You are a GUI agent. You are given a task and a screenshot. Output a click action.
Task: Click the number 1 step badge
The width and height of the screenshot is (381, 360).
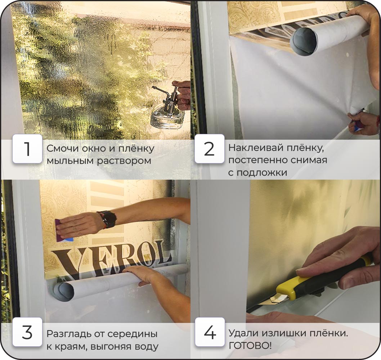pos(27,149)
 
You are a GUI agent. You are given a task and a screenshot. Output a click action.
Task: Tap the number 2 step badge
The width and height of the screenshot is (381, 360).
pos(209,149)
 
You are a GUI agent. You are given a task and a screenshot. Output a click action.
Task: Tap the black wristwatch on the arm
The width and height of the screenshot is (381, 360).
pos(108,219)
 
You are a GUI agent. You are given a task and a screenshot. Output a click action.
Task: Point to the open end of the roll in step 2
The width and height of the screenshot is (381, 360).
pos(305,41)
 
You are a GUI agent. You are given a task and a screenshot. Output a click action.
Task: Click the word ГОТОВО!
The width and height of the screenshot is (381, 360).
pos(250,346)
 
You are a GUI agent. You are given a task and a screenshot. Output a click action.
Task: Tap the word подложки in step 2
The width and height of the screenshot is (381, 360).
pos(262,172)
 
